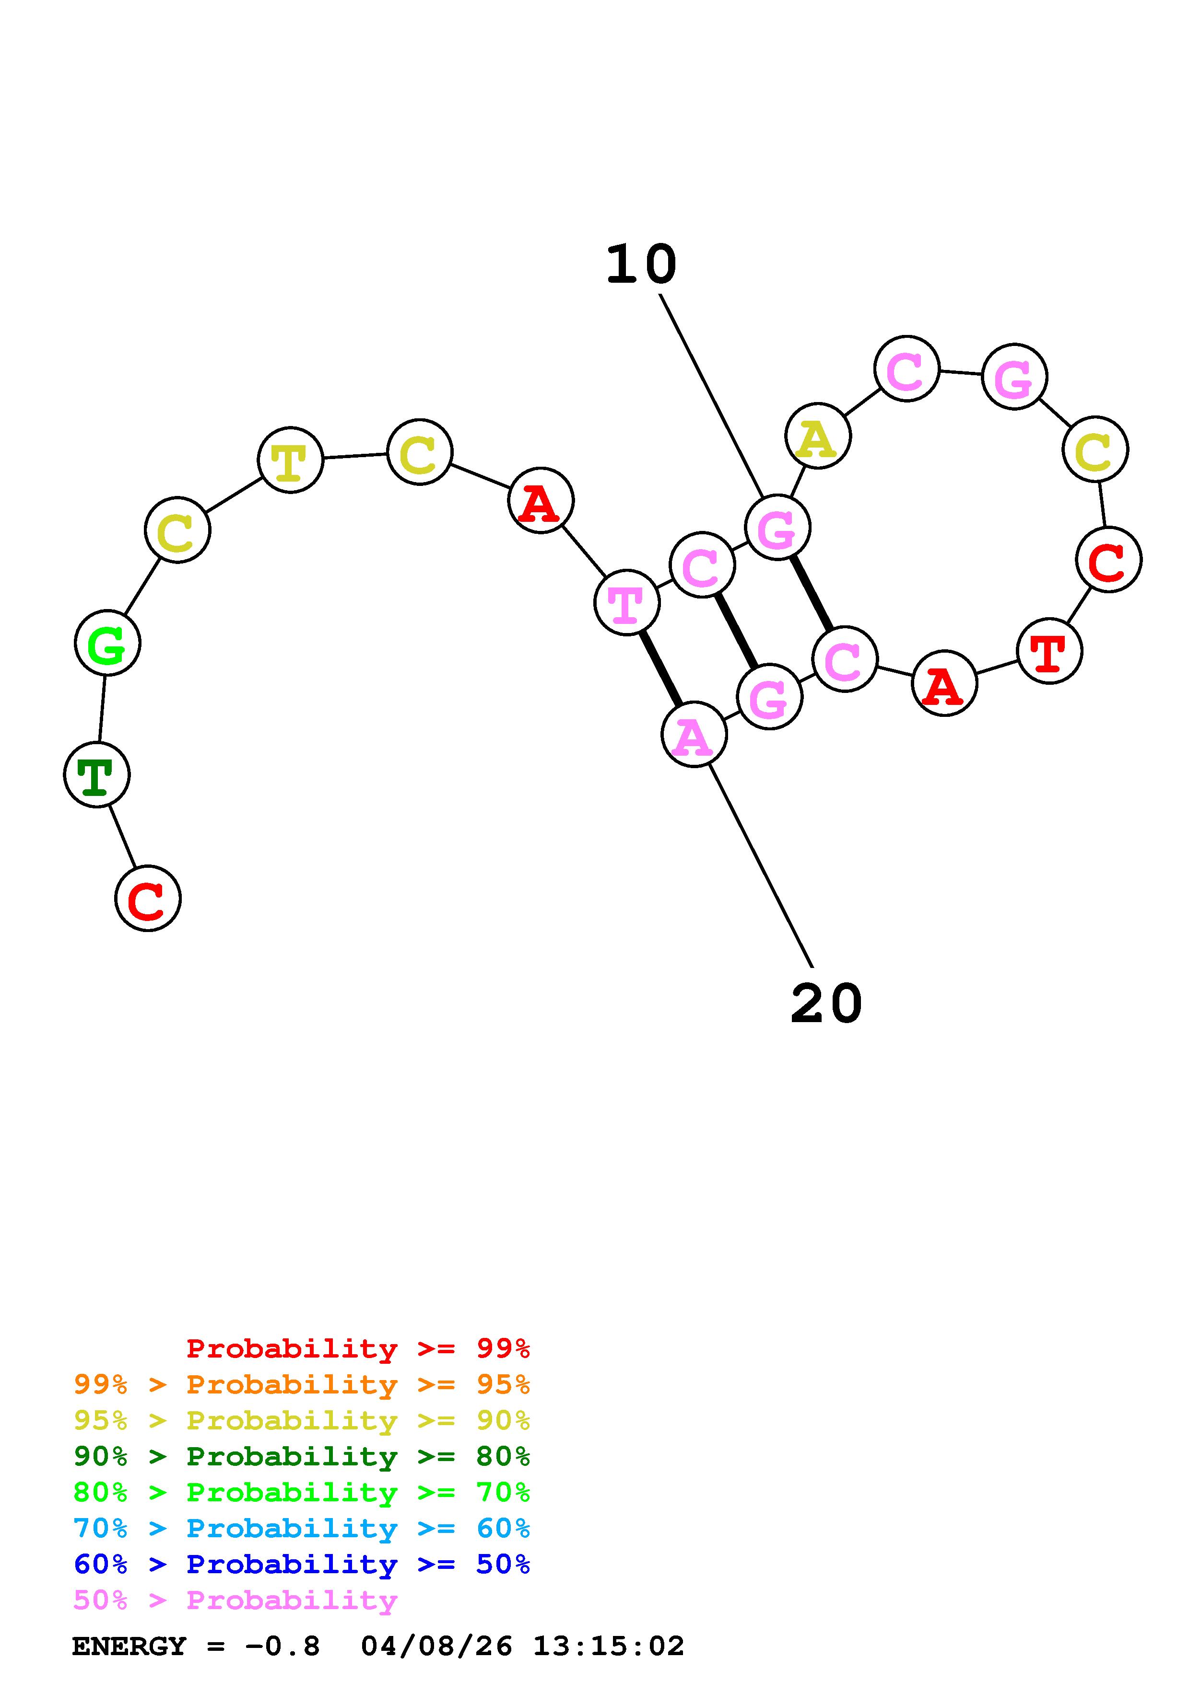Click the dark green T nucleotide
pos(97,774)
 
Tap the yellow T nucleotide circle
pos(290,460)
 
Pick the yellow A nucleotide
pos(818,437)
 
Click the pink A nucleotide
pos(694,734)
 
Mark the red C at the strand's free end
pos(148,898)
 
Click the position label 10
pos(641,265)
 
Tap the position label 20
pos(826,1004)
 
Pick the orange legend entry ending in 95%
pos(302,1384)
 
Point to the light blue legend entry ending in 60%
pos(302,1528)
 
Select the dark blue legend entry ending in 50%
pos(302,1564)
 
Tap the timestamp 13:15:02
pos(608,1646)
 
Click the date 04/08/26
pos(436,1646)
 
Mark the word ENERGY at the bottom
pos(129,1646)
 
